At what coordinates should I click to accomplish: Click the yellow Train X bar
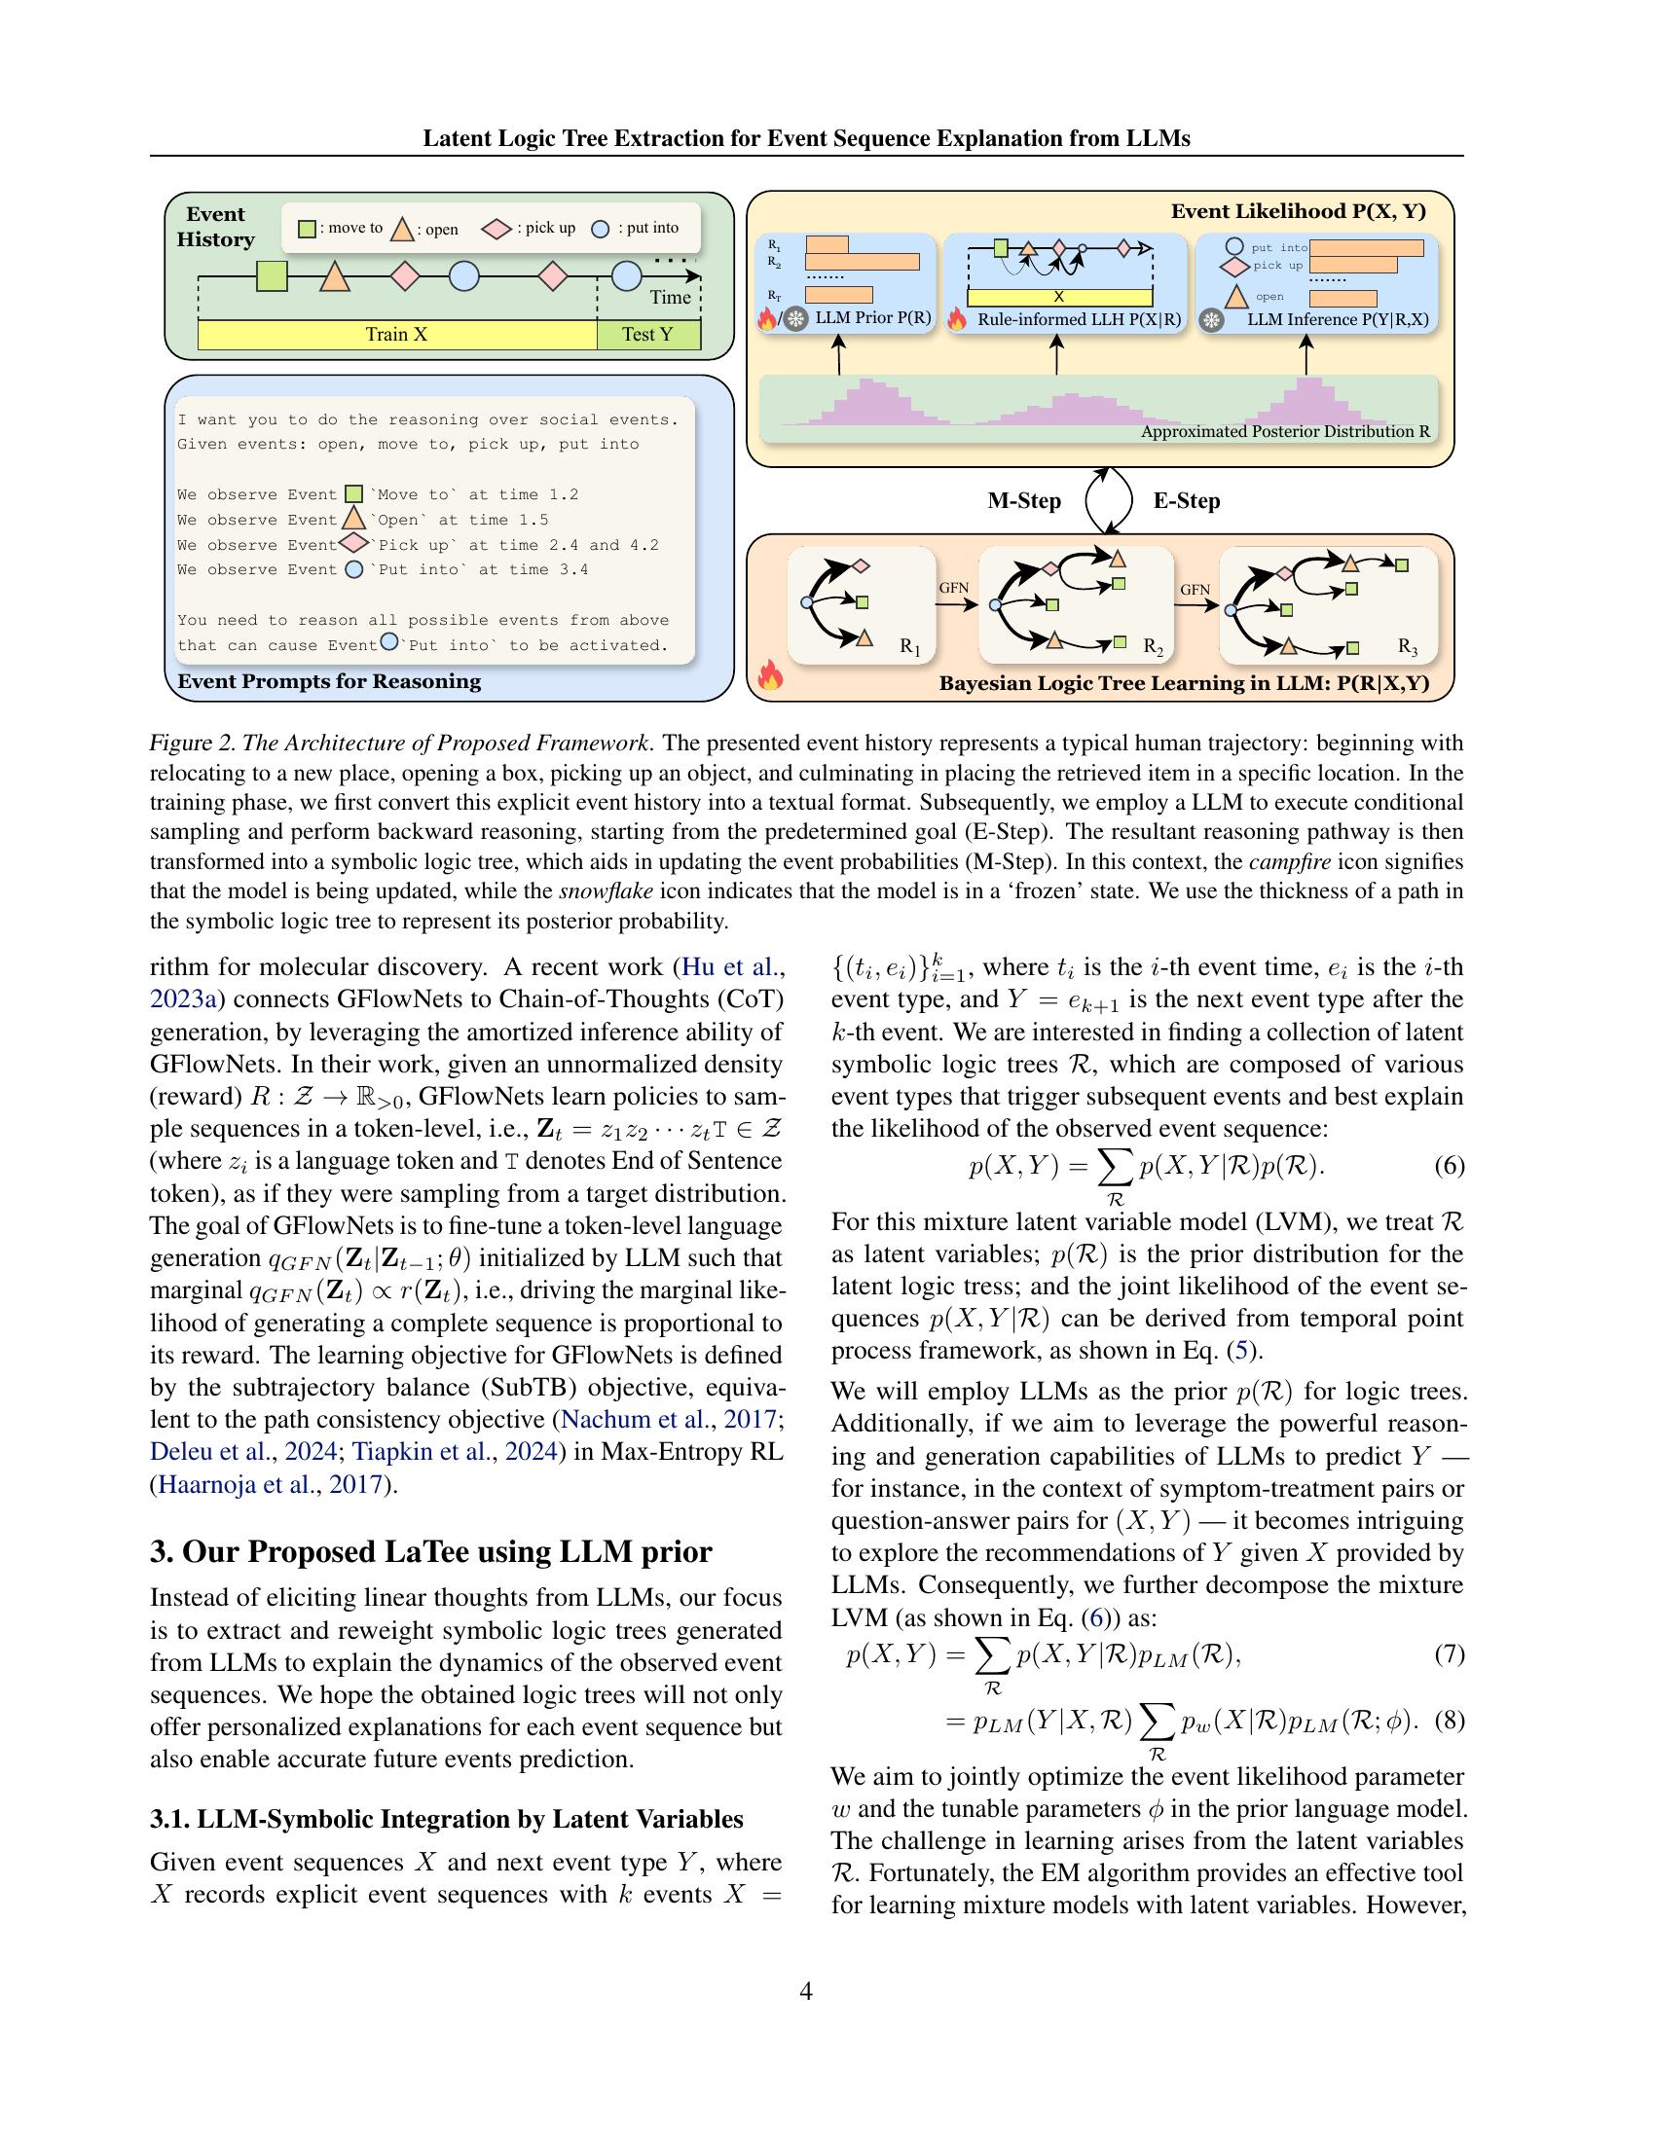[x=396, y=334]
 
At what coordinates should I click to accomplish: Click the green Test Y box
[x=648, y=334]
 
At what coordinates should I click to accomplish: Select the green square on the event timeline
[x=272, y=277]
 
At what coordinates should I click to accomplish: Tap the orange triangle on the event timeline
[x=334, y=277]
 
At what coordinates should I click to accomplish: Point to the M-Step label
[x=1023, y=501]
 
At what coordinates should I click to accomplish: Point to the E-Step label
[x=1187, y=501]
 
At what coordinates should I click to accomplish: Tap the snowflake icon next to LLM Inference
[x=1213, y=320]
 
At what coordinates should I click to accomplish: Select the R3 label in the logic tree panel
[x=1407, y=648]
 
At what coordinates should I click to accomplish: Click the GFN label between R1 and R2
[x=954, y=588]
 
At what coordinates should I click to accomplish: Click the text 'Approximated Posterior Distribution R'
[x=1284, y=431]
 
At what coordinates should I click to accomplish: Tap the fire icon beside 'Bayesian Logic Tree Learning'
[x=770, y=676]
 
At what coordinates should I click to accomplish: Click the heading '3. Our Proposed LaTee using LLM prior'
[x=430, y=1552]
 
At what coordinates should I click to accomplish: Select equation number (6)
[x=1449, y=1166]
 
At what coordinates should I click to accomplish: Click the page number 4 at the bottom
[x=806, y=1991]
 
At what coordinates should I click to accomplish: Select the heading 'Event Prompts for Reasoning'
[x=328, y=681]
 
